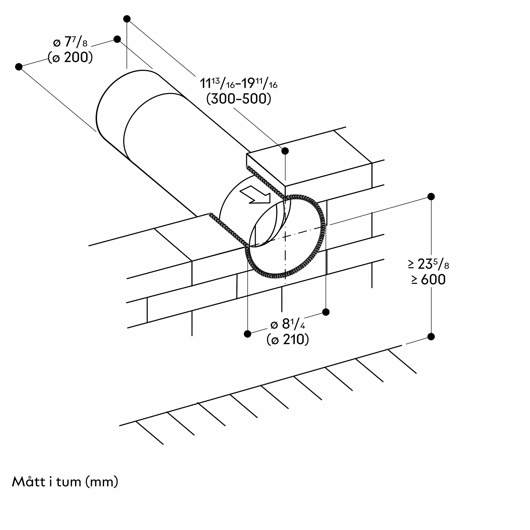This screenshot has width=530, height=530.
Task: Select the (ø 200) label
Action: tap(70, 57)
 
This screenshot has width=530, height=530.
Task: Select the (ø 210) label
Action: tap(288, 340)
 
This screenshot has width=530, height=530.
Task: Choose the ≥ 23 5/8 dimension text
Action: tap(428, 264)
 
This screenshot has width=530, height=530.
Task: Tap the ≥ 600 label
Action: tap(428, 280)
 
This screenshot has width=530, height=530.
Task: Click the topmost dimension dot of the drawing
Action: tap(127, 19)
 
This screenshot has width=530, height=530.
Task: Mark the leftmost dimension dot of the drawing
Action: tap(19, 67)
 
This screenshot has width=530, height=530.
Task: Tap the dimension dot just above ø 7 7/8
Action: tap(117, 39)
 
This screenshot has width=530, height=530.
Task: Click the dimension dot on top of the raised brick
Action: tap(285, 151)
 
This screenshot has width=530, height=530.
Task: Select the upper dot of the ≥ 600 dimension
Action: tap(431, 196)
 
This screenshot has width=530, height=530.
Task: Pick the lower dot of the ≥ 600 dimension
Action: tap(431, 337)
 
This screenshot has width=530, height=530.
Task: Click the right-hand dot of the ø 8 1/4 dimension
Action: tap(326, 312)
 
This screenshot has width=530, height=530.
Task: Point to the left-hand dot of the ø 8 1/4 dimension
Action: tap(248, 334)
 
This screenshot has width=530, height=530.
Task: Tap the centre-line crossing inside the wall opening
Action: tap(285, 236)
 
